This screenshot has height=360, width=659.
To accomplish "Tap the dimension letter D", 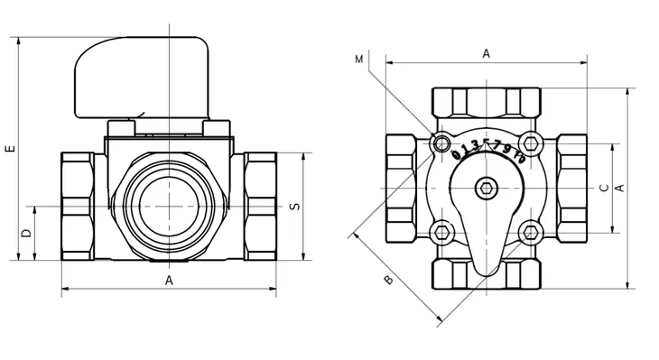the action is coord(26,233).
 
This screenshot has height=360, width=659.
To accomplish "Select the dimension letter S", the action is coord(295,207).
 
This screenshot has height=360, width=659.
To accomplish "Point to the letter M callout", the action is coord(358,60).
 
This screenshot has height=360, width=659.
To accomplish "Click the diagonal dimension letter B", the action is coord(389,280).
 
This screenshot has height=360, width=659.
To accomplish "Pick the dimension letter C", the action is coord(604,188).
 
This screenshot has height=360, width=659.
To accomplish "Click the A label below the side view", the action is coord(169,281).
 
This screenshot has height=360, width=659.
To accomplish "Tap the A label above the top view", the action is coord(487,54).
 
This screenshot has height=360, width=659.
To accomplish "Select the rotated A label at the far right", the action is coord(619,188).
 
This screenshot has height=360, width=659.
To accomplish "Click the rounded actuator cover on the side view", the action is coord(142,76).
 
